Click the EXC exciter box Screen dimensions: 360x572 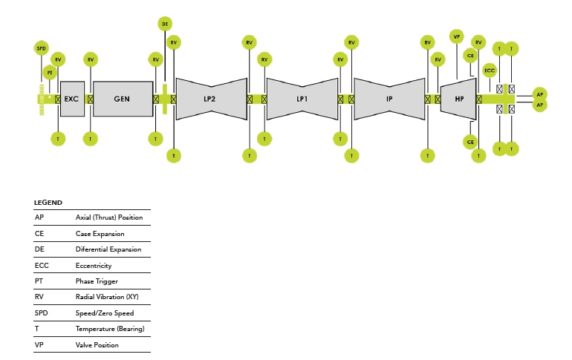71,99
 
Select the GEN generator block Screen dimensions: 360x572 122,99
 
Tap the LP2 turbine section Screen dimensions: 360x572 211,99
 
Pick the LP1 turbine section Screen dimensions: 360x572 302,99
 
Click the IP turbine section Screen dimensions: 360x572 389,99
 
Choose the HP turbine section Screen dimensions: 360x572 459,99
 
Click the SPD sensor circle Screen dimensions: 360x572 41,48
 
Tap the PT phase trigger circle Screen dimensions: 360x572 50,72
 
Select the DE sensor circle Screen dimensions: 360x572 165,24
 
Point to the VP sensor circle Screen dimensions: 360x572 456,35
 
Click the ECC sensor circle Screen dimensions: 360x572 490,71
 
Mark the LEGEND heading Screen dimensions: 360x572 48,202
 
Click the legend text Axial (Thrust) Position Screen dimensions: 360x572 109,217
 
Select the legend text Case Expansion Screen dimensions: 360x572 100,234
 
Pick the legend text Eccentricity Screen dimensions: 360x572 94,265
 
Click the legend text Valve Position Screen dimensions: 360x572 97,345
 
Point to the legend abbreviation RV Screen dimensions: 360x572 39,297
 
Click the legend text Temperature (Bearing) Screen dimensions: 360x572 110,329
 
